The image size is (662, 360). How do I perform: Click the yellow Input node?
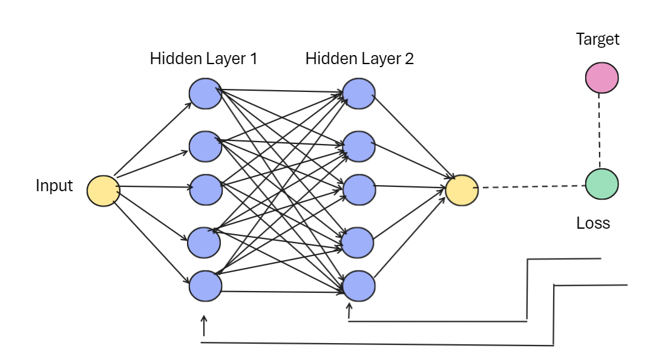pyautogui.click(x=103, y=191)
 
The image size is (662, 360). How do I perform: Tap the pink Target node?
pyautogui.click(x=601, y=78)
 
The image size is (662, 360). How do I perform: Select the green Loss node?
pyautogui.click(x=601, y=184)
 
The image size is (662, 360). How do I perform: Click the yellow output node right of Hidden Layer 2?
pyautogui.click(x=462, y=189)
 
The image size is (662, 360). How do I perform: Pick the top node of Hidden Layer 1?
pyautogui.click(x=205, y=94)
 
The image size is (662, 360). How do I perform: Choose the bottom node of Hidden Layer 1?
pyautogui.click(x=205, y=286)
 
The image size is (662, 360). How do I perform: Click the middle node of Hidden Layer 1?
pyautogui.click(x=205, y=189)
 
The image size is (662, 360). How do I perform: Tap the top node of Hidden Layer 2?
pyautogui.click(x=359, y=94)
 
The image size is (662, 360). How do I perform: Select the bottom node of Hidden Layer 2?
pyautogui.click(x=359, y=286)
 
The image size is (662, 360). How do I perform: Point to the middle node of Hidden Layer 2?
pyautogui.click(x=359, y=189)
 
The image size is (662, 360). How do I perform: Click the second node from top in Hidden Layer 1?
pyautogui.click(x=205, y=146)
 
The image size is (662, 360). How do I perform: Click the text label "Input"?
pyautogui.click(x=54, y=186)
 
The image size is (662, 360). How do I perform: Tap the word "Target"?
pyautogui.click(x=598, y=40)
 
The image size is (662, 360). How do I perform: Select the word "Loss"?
pyautogui.click(x=593, y=223)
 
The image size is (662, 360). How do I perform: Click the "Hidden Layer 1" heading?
pyautogui.click(x=203, y=59)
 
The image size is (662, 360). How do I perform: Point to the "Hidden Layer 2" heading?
pyautogui.click(x=359, y=59)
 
